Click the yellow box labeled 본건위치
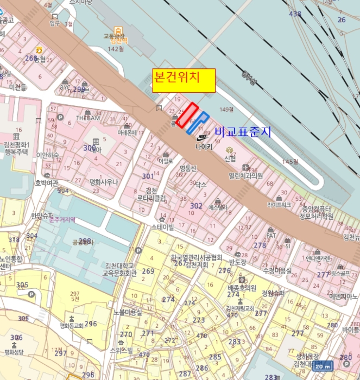(184, 80)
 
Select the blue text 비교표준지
(243, 132)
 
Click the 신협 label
(230, 158)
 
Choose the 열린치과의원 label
(245, 176)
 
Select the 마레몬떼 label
(127, 132)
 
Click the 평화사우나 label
(104, 182)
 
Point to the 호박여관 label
(46, 183)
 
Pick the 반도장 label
(237, 262)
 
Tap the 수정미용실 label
(277, 270)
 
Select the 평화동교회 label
(71, 326)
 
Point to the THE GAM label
(88, 118)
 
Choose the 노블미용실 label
(128, 312)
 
